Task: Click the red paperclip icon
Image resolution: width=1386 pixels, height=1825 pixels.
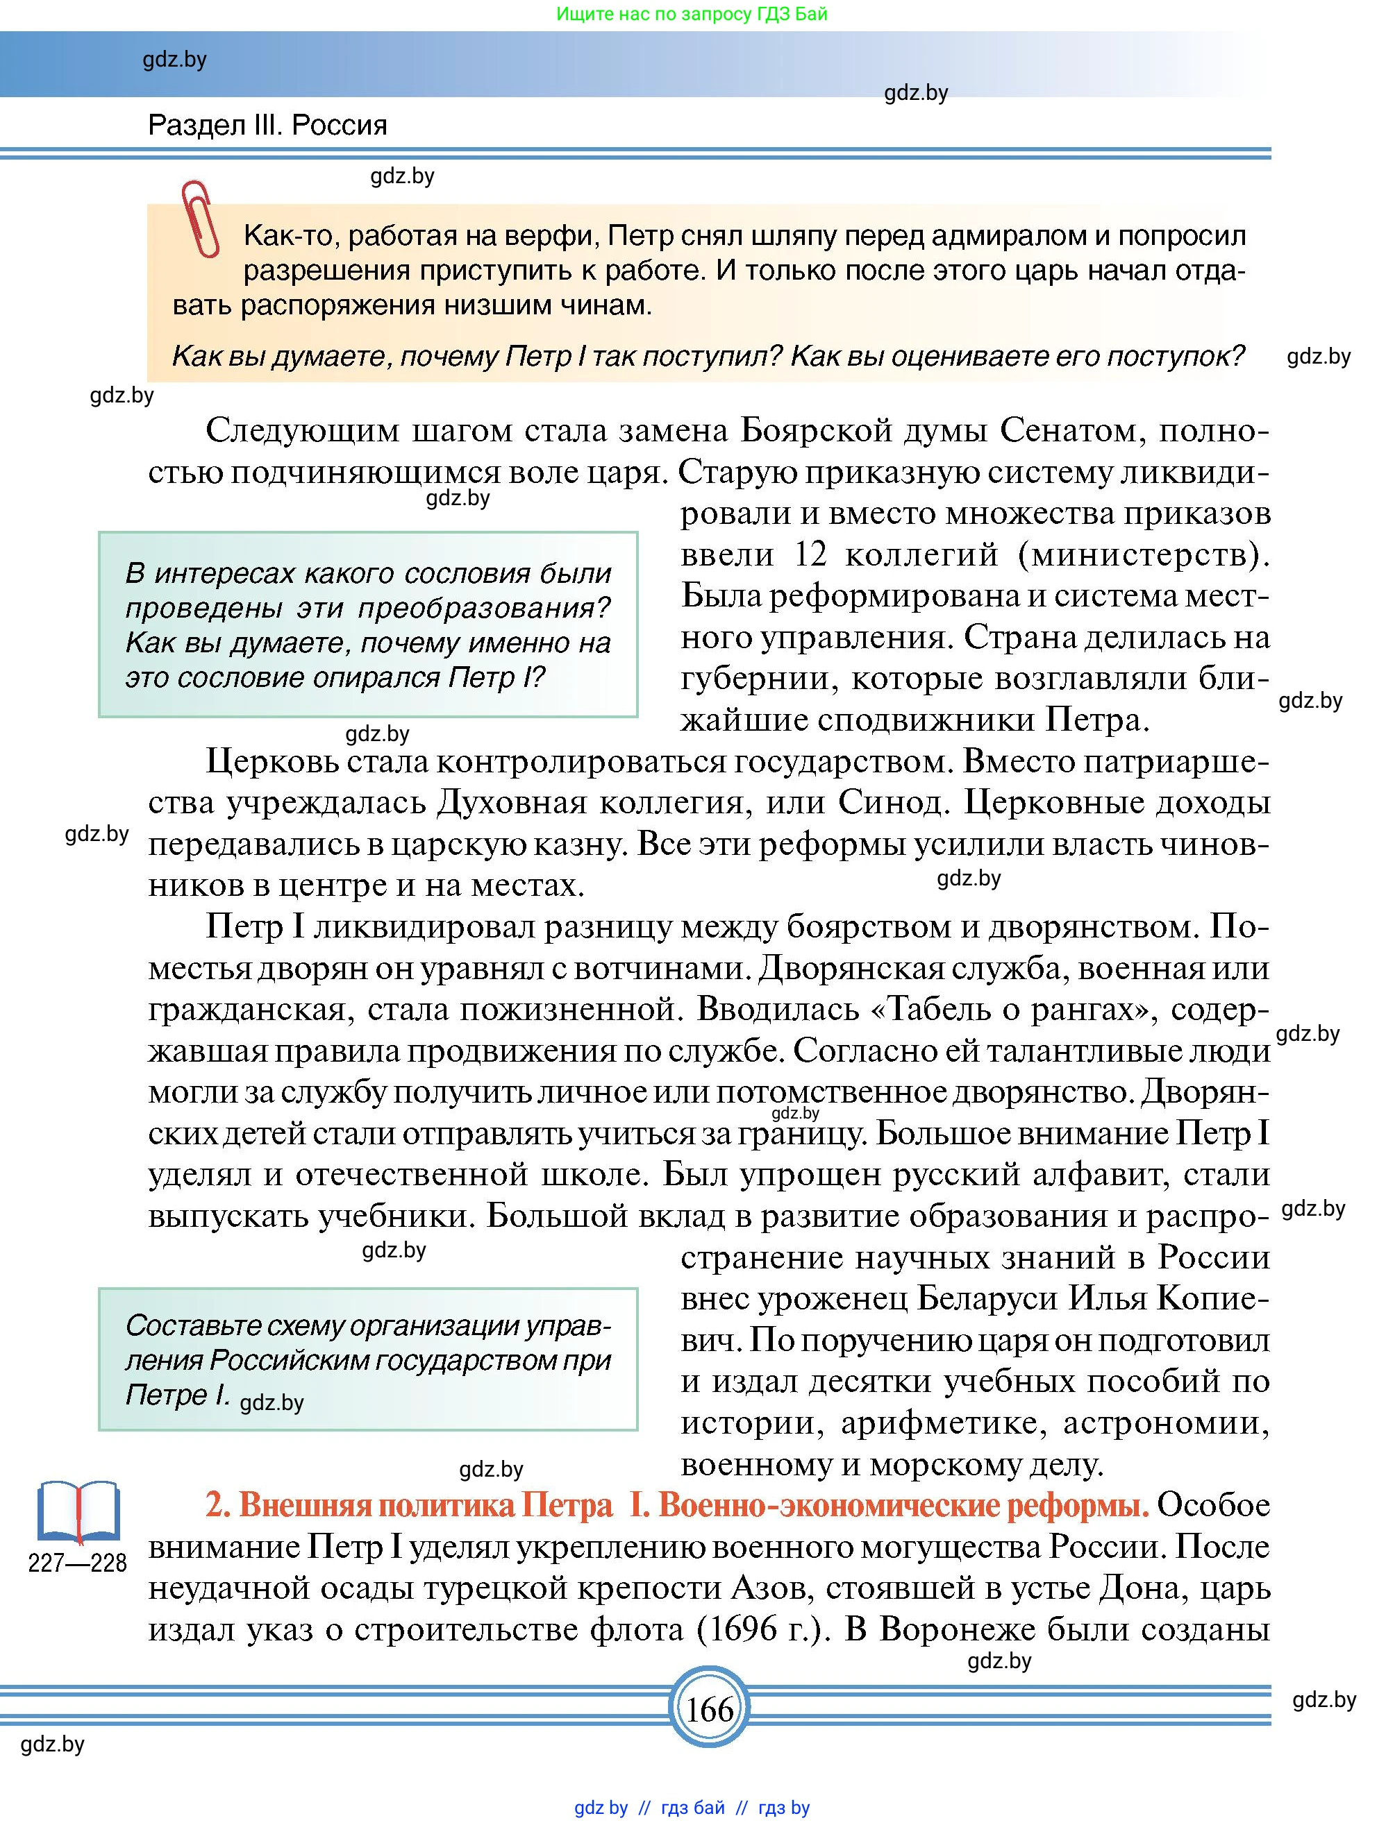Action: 201,219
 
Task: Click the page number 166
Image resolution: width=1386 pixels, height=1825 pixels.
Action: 709,1708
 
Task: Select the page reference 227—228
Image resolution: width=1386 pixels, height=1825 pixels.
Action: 78,1563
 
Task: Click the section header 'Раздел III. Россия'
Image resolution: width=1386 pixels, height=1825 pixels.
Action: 267,126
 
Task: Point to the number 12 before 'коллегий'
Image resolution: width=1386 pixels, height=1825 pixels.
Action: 810,554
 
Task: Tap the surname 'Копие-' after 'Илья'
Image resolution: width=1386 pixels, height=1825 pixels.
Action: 1212,1298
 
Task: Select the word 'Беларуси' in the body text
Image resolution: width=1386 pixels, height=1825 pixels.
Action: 980,1298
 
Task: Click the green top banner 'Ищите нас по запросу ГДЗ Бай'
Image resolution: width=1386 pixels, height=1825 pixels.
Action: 692,14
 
